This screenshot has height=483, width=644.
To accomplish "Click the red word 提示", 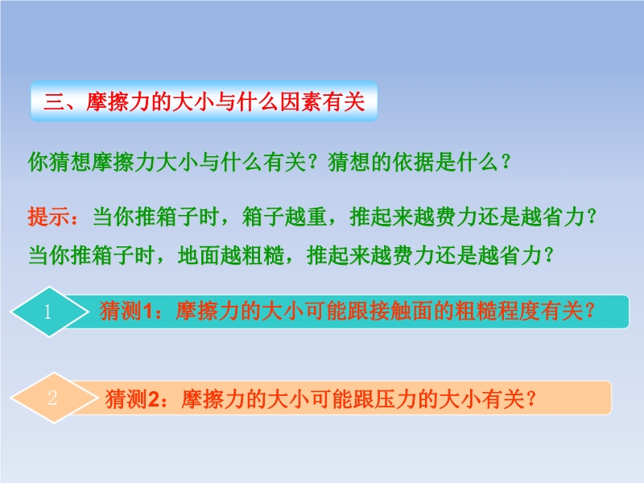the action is [48, 217].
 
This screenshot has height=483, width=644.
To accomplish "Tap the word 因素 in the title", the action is [300, 101].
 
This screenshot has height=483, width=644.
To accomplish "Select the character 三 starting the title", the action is [53, 101].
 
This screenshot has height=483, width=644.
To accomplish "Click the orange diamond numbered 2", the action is [54, 398].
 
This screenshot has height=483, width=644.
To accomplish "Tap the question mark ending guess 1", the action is [591, 311].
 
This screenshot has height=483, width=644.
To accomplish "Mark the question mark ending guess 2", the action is [531, 398].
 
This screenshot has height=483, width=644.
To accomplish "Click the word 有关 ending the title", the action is [344, 101].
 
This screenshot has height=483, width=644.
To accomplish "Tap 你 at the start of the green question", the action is [38, 162].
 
